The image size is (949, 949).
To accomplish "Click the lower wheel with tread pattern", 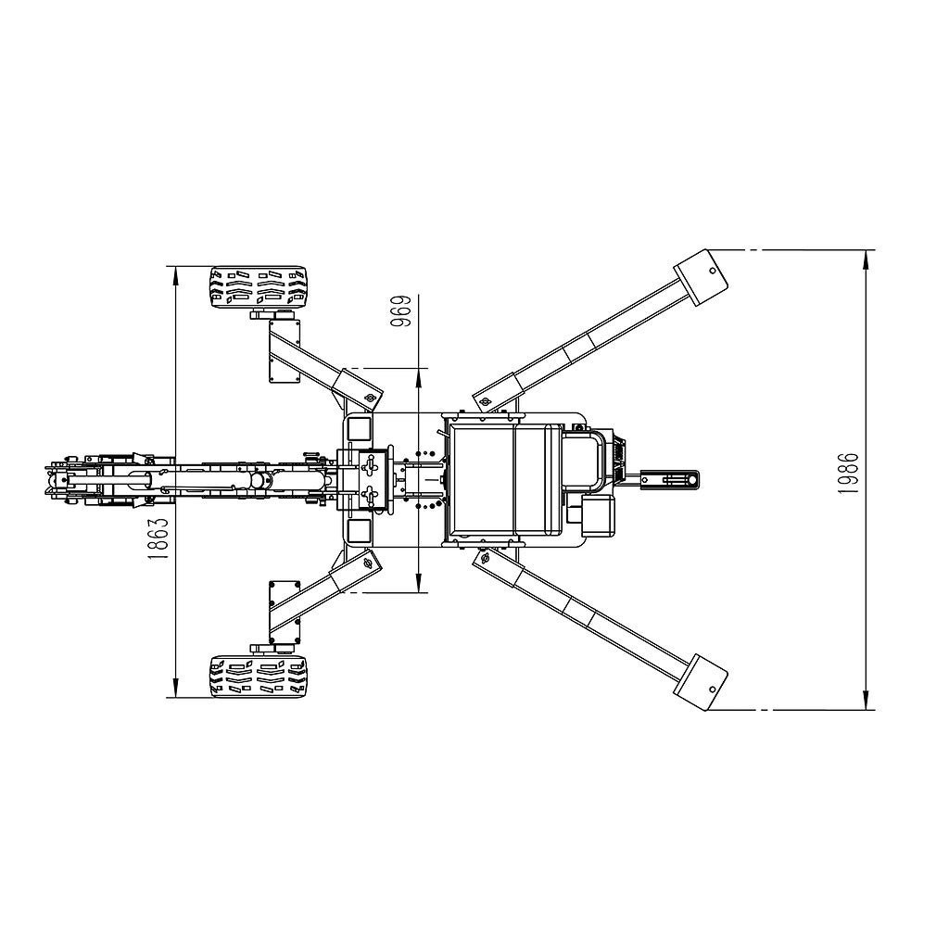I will [x=258, y=677].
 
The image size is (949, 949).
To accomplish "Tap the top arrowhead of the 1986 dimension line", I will [x=866, y=256].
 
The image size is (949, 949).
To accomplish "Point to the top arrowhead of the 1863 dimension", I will [x=174, y=272].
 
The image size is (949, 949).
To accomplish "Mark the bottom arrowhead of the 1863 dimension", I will [x=174, y=690].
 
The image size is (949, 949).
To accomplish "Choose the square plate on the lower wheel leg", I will [x=284, y=612].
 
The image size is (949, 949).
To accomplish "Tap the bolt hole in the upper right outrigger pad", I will [x=712, y=271].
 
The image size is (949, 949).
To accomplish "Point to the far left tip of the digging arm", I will [x=47, y=479].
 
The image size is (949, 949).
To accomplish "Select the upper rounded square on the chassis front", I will [x=356, y=429].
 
